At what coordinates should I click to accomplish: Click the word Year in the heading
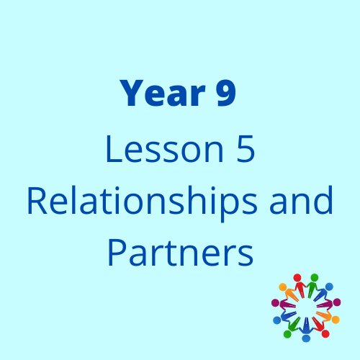click(163, 93)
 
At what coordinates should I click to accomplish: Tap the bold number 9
click(226, 93)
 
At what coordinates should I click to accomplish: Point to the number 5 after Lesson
click(246, 149)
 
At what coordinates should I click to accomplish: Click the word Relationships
click(143, 201)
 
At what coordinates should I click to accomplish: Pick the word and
click(301, 199)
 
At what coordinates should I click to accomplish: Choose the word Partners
click(181, 252)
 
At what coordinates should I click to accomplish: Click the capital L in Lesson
click(114, 149)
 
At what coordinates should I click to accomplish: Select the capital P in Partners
click(117, 253)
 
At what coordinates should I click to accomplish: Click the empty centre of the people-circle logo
click(306, 308)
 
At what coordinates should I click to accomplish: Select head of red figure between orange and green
click(297, 277)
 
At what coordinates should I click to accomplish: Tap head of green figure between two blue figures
click(287, 334)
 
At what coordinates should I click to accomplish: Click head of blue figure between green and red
click(306, 338)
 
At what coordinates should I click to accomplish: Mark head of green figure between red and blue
click(315, 277)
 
